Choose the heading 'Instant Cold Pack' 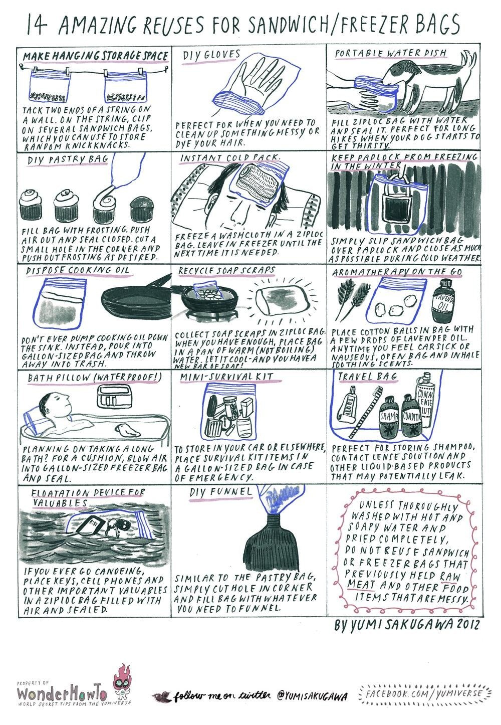click(228, 157)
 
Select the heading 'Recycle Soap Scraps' click(226, 270)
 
